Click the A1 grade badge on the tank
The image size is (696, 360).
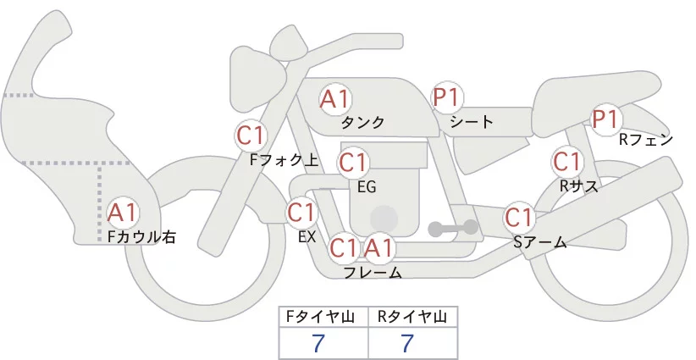point(335,99)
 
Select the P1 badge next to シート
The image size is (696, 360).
point(447,98)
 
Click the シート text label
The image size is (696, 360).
point(472,121)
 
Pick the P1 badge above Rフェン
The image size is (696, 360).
point(605,119)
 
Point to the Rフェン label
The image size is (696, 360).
point(646,140)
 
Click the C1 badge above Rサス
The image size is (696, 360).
point(566,161)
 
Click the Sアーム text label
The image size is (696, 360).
point(539,242)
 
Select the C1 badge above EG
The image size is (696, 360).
point(353,162)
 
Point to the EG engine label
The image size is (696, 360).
point(367,186)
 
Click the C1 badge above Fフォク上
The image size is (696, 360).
point(251,134)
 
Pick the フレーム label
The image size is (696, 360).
point(373,273)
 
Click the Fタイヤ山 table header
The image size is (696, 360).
point(324,317)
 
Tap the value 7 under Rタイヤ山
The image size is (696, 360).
point(407,344)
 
